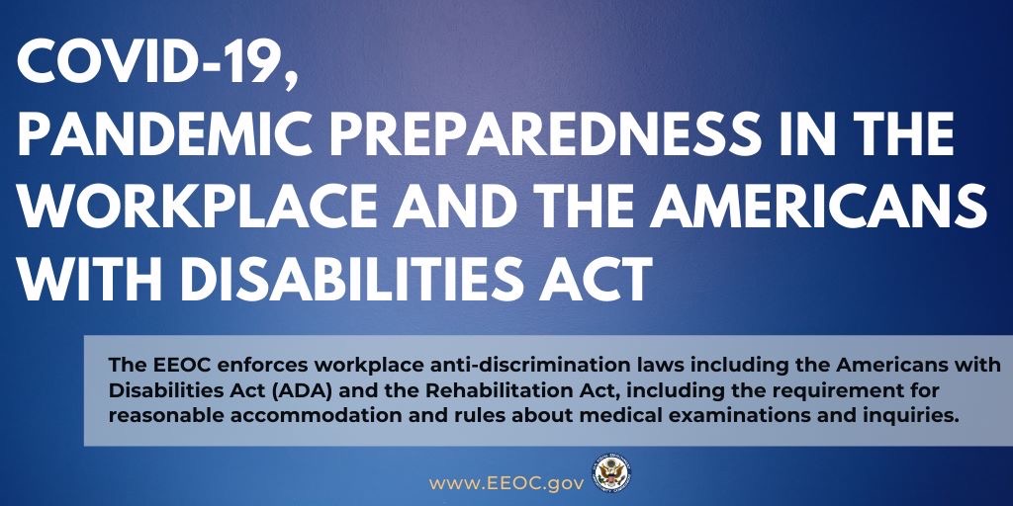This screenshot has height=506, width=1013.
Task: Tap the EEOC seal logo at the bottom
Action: point(610,473)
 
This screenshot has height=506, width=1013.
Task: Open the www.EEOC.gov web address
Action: point(506,482)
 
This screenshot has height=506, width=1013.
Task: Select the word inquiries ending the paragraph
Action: point(912,417)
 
